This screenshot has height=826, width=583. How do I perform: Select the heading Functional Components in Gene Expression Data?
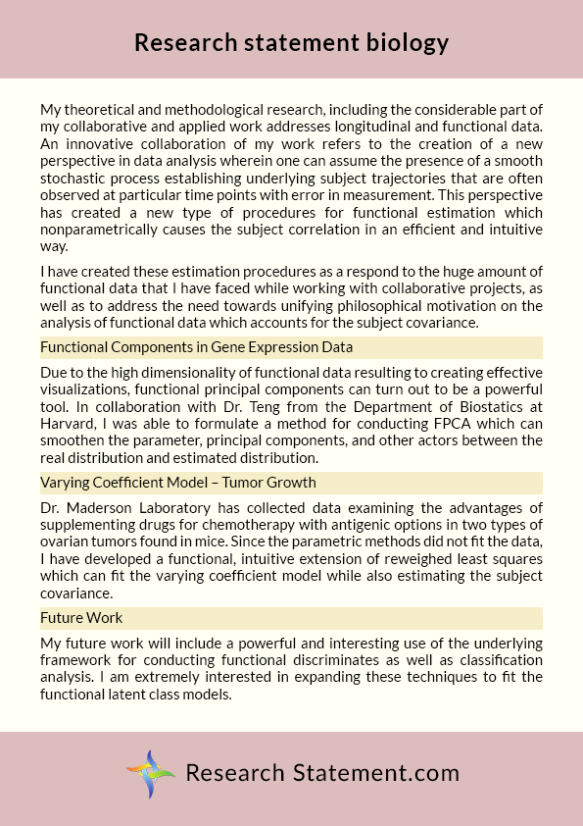[x=196, y=347]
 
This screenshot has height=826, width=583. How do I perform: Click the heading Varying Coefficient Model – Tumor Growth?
[x=177, y=483]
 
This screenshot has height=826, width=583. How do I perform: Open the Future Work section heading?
[x=81, y=618]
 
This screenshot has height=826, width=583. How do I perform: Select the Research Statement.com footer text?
[x=322, y=772]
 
